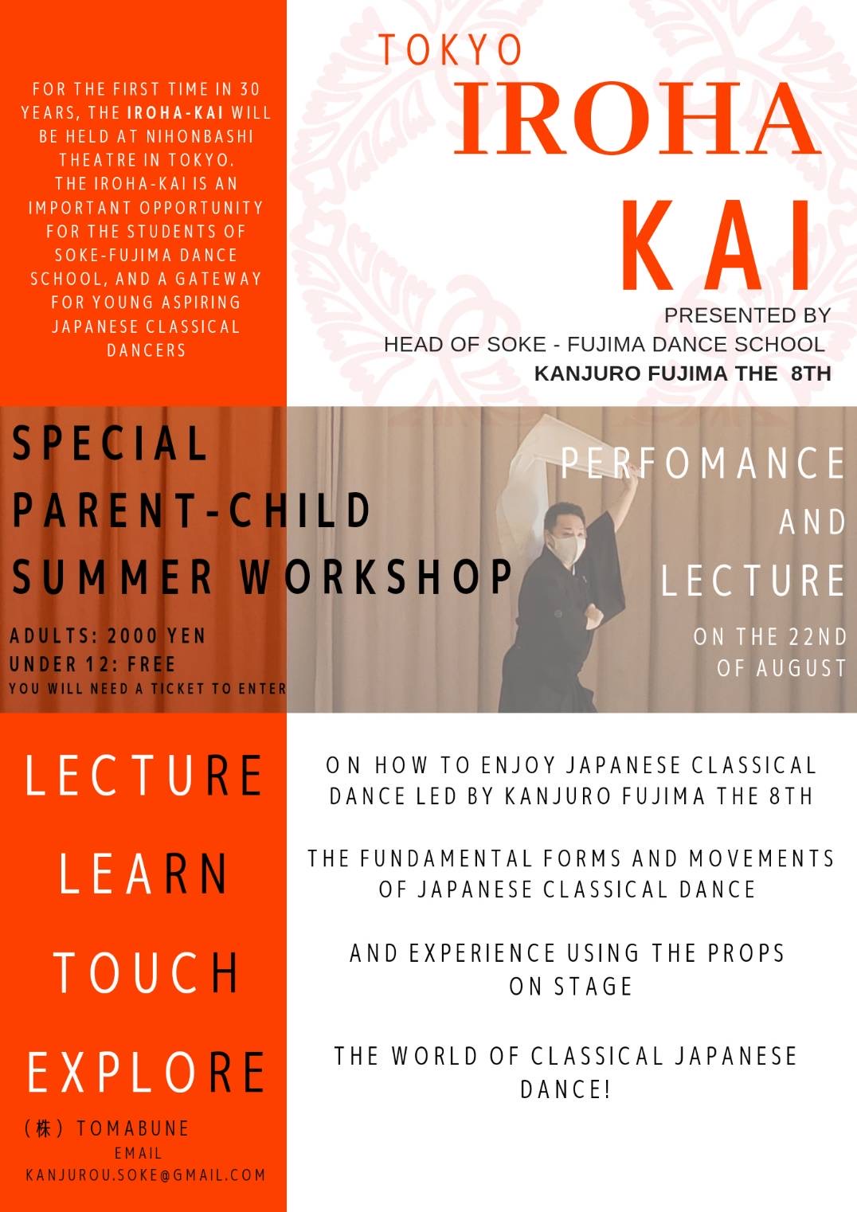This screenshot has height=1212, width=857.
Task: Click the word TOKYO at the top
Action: coord(451,50)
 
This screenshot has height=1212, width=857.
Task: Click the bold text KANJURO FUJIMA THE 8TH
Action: coord(683,373)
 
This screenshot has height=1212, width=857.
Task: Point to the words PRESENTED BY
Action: coord(747,315)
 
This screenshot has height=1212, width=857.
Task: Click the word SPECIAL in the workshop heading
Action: coord(110,443)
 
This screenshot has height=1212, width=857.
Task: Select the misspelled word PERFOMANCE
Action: coord(702,463)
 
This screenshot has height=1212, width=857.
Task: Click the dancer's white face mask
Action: coord(567,549)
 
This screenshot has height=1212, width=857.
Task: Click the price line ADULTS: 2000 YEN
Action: coord(108,636)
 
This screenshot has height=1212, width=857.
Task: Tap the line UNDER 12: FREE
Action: coord(92,664)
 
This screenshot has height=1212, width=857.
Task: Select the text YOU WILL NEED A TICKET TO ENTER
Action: coord(147,688)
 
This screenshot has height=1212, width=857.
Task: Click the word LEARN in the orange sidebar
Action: coord(143,874)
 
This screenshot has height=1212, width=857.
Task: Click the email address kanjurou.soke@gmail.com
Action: coord(146,1175)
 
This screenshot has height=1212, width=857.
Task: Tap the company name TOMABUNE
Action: coord(133,1128)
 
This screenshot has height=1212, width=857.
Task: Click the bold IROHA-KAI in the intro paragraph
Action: coord(176,113)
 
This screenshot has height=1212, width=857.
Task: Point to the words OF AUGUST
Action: coord(782,667)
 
